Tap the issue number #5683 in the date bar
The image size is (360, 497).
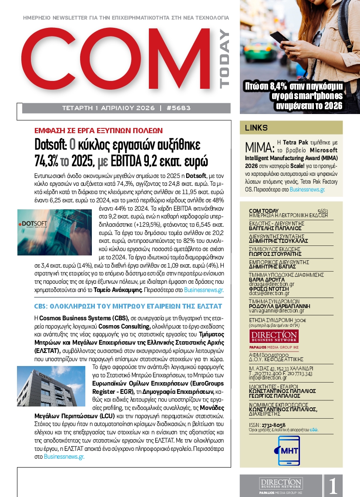pos(178,108)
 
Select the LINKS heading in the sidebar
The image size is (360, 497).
pos(256,128)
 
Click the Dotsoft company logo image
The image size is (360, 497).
pos(55,232)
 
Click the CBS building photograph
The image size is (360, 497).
pos(51,386)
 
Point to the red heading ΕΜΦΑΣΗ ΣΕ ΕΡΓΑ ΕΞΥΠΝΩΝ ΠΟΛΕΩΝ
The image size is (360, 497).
pos(98,130)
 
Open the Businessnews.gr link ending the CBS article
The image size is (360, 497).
pos(64,457)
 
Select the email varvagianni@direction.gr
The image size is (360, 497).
pos(276,311)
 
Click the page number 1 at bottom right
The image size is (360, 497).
pos(333,486)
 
